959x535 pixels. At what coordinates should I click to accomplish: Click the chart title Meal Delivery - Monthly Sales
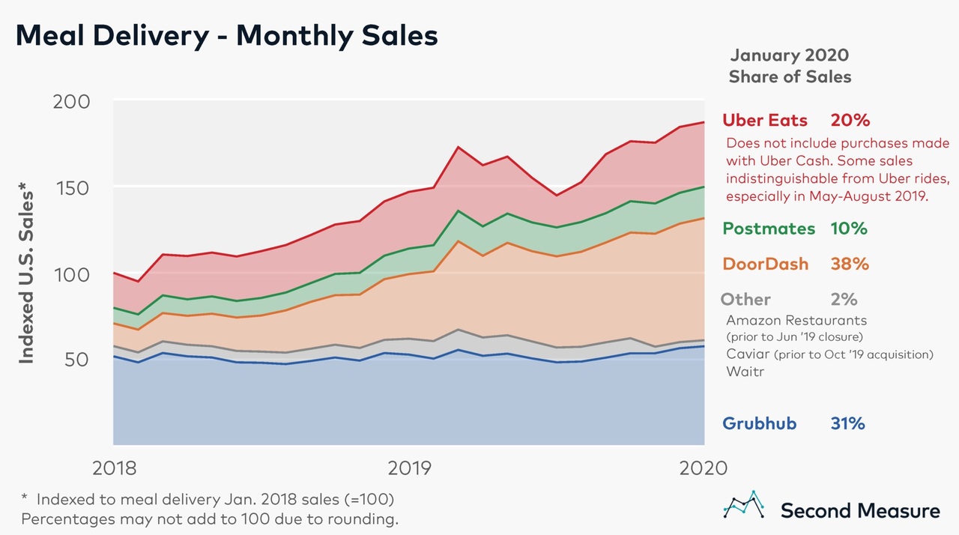click(x=226, y=36)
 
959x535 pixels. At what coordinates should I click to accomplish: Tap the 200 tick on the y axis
click(x=72, y=102)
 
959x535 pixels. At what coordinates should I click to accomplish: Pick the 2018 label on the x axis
click(x=115, y=468)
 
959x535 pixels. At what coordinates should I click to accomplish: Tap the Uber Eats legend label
click(x=765, y=120)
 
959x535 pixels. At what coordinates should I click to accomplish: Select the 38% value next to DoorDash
click(x=849, y=264)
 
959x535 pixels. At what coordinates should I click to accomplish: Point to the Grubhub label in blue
click(x=759, y=423)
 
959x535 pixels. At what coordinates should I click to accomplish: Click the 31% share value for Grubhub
click(x=847, y=423)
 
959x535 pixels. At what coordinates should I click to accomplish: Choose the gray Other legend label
click(x=745, y=300)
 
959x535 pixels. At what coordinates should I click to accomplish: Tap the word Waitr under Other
click(x=745, y=371)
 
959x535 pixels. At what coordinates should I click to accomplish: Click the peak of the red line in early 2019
click(x=458, y=147)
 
